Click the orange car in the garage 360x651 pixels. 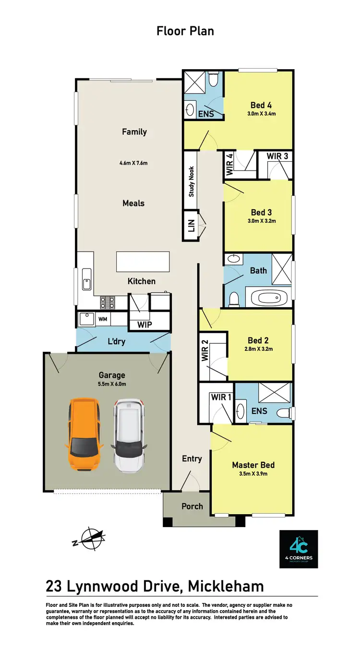[85, 435]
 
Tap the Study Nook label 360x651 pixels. [191, 181]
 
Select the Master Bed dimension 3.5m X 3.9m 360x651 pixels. [253, 474]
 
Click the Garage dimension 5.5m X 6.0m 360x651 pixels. [112, 384]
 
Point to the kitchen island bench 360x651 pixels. [143, 262]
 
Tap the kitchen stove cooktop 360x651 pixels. [108, 302]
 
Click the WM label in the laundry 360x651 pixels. [103, 319]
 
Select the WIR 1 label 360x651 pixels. [221, 397]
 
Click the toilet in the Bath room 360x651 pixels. [234, 300]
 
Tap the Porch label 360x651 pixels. [192, 506]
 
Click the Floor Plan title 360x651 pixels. [185, 31]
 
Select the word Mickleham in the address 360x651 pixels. [226, 586]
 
